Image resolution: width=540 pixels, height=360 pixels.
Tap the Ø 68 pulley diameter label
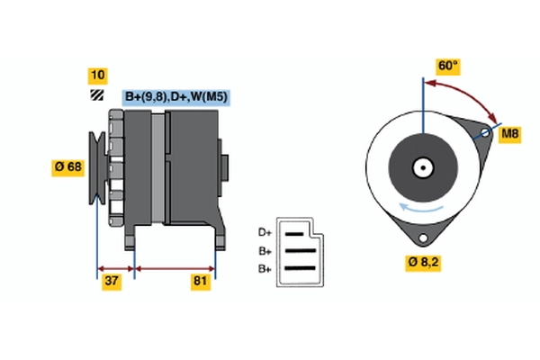click(68, 166)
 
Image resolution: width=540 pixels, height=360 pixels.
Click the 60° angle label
click(447, 67)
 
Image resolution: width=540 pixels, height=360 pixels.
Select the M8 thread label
click(510, 134)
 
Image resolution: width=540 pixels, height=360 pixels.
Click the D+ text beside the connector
click(265, 232)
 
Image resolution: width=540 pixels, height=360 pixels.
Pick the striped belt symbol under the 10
click(96, 95)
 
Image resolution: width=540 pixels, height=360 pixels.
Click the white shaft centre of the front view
click(421, 167)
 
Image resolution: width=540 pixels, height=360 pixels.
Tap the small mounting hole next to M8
click(484, 135)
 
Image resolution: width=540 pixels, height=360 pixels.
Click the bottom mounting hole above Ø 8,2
click(421, 237)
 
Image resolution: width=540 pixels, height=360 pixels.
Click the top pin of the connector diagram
click(299, 233)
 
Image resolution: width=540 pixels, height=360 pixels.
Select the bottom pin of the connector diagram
click(299, 268)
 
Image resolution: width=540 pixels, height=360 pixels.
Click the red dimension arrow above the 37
click(115, 268)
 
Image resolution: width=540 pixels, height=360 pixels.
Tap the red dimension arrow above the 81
click(175, 268)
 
